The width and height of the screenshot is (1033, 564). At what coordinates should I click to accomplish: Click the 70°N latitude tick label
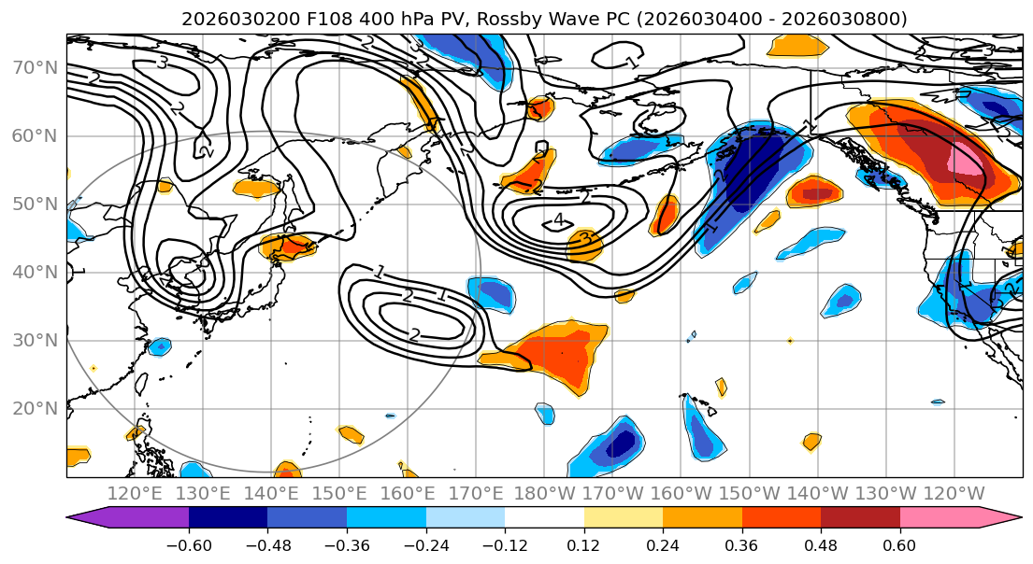[x=35, y=67]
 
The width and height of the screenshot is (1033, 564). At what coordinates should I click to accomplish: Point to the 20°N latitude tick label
[x=35, y=408]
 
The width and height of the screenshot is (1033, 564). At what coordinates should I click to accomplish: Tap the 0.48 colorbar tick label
[x=821, y=543]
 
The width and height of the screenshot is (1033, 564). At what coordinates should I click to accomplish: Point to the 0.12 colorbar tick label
[x=583, y=543]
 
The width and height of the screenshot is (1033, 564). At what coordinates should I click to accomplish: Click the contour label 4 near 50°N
[x=559, y=220]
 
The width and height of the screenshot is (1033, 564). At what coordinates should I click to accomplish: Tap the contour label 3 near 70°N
[x=162, y=63]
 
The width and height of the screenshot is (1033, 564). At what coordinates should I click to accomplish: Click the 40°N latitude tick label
[x=35, y=272]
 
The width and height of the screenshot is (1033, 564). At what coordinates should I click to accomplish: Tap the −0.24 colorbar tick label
[x=425, y=543]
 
